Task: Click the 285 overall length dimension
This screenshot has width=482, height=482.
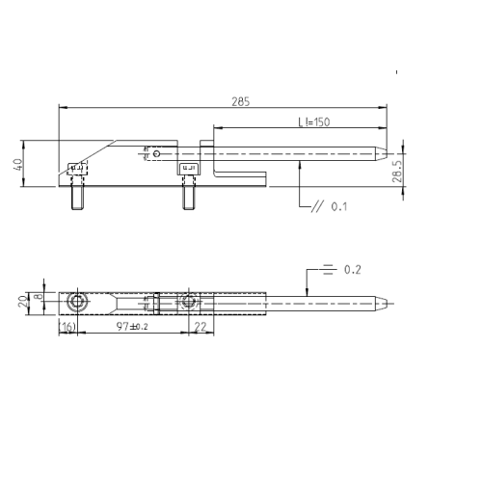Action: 241,101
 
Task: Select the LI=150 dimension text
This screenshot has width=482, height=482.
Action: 314,122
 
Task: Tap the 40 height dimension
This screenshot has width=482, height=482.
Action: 18,165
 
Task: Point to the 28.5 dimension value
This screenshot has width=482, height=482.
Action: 397,172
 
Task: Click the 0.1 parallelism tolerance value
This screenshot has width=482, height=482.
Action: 339,206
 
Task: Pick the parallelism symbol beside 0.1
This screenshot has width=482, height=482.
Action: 317,206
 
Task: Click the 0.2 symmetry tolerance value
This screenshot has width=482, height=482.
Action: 353,270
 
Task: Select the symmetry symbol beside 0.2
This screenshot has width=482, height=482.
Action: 328,269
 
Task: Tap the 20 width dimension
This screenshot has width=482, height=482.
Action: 22,302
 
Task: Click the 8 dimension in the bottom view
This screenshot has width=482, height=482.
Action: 39,296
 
